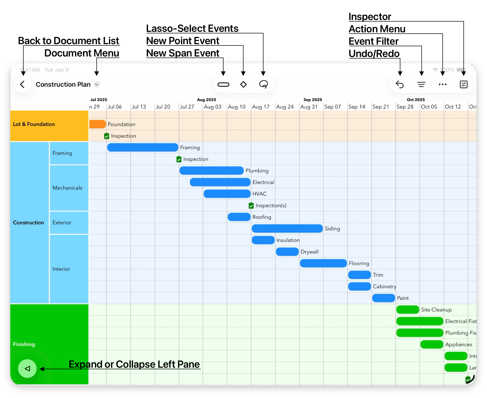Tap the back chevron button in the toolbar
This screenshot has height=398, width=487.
(x=23, y=84)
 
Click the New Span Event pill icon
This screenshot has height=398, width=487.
(x=223, y=84)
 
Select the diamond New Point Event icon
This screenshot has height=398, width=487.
(x=243, y=84)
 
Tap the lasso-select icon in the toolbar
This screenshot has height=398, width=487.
(x=263, y=84)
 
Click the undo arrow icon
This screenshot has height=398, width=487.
(x=400, y=84)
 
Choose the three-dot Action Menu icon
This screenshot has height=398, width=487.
(x=443, y=84)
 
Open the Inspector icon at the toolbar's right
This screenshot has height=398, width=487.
(x=464, y=84)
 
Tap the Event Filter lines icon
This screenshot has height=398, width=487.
(x=421, y=84)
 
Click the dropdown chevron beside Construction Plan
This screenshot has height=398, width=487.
(x=97, y=84)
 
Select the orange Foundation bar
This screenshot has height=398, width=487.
(x=97, y=124)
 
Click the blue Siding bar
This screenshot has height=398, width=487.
(x=287, y=229)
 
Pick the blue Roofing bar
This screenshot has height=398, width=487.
(x=239, y=217)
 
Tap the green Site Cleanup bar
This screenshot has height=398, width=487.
(x=408, y=310)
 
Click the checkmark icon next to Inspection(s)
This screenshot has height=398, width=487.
(x=251, y=205)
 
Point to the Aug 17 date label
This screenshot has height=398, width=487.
(x=261, y=107)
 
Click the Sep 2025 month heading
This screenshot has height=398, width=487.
(x=313, y=100)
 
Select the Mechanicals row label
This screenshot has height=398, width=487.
(x=67, y=188)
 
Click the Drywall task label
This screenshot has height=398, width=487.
(x=310, y=252)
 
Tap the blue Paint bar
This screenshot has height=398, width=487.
(x=383, y=298)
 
